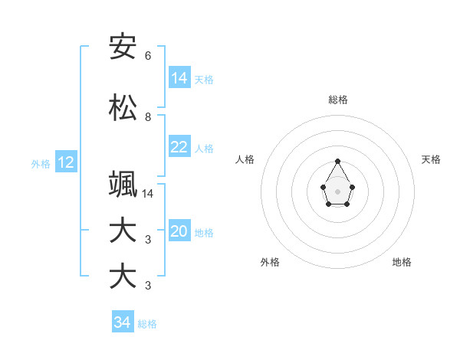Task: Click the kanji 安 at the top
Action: coord(123,47)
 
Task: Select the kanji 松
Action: coord(123,108)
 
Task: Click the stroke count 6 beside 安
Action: coord(148,56)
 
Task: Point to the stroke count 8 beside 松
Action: coord(148,117)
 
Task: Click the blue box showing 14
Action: coord(179,78)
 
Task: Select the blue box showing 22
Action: coord(179,148)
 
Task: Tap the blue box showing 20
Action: coord(179,232)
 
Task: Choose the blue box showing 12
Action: coord(66,162)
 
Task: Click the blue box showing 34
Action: coord(123,322)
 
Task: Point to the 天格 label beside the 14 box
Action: coord(204,80)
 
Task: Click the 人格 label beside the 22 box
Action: coord(204,149)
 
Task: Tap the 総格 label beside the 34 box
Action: coord(147,324)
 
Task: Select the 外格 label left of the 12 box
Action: coord(41,163)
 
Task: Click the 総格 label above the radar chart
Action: coord(338,100)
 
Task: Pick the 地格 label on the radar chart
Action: coord(402,262)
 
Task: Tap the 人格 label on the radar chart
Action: coord(245,159)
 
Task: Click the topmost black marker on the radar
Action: coord(338,161)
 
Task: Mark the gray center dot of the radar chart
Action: coord(338,191)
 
